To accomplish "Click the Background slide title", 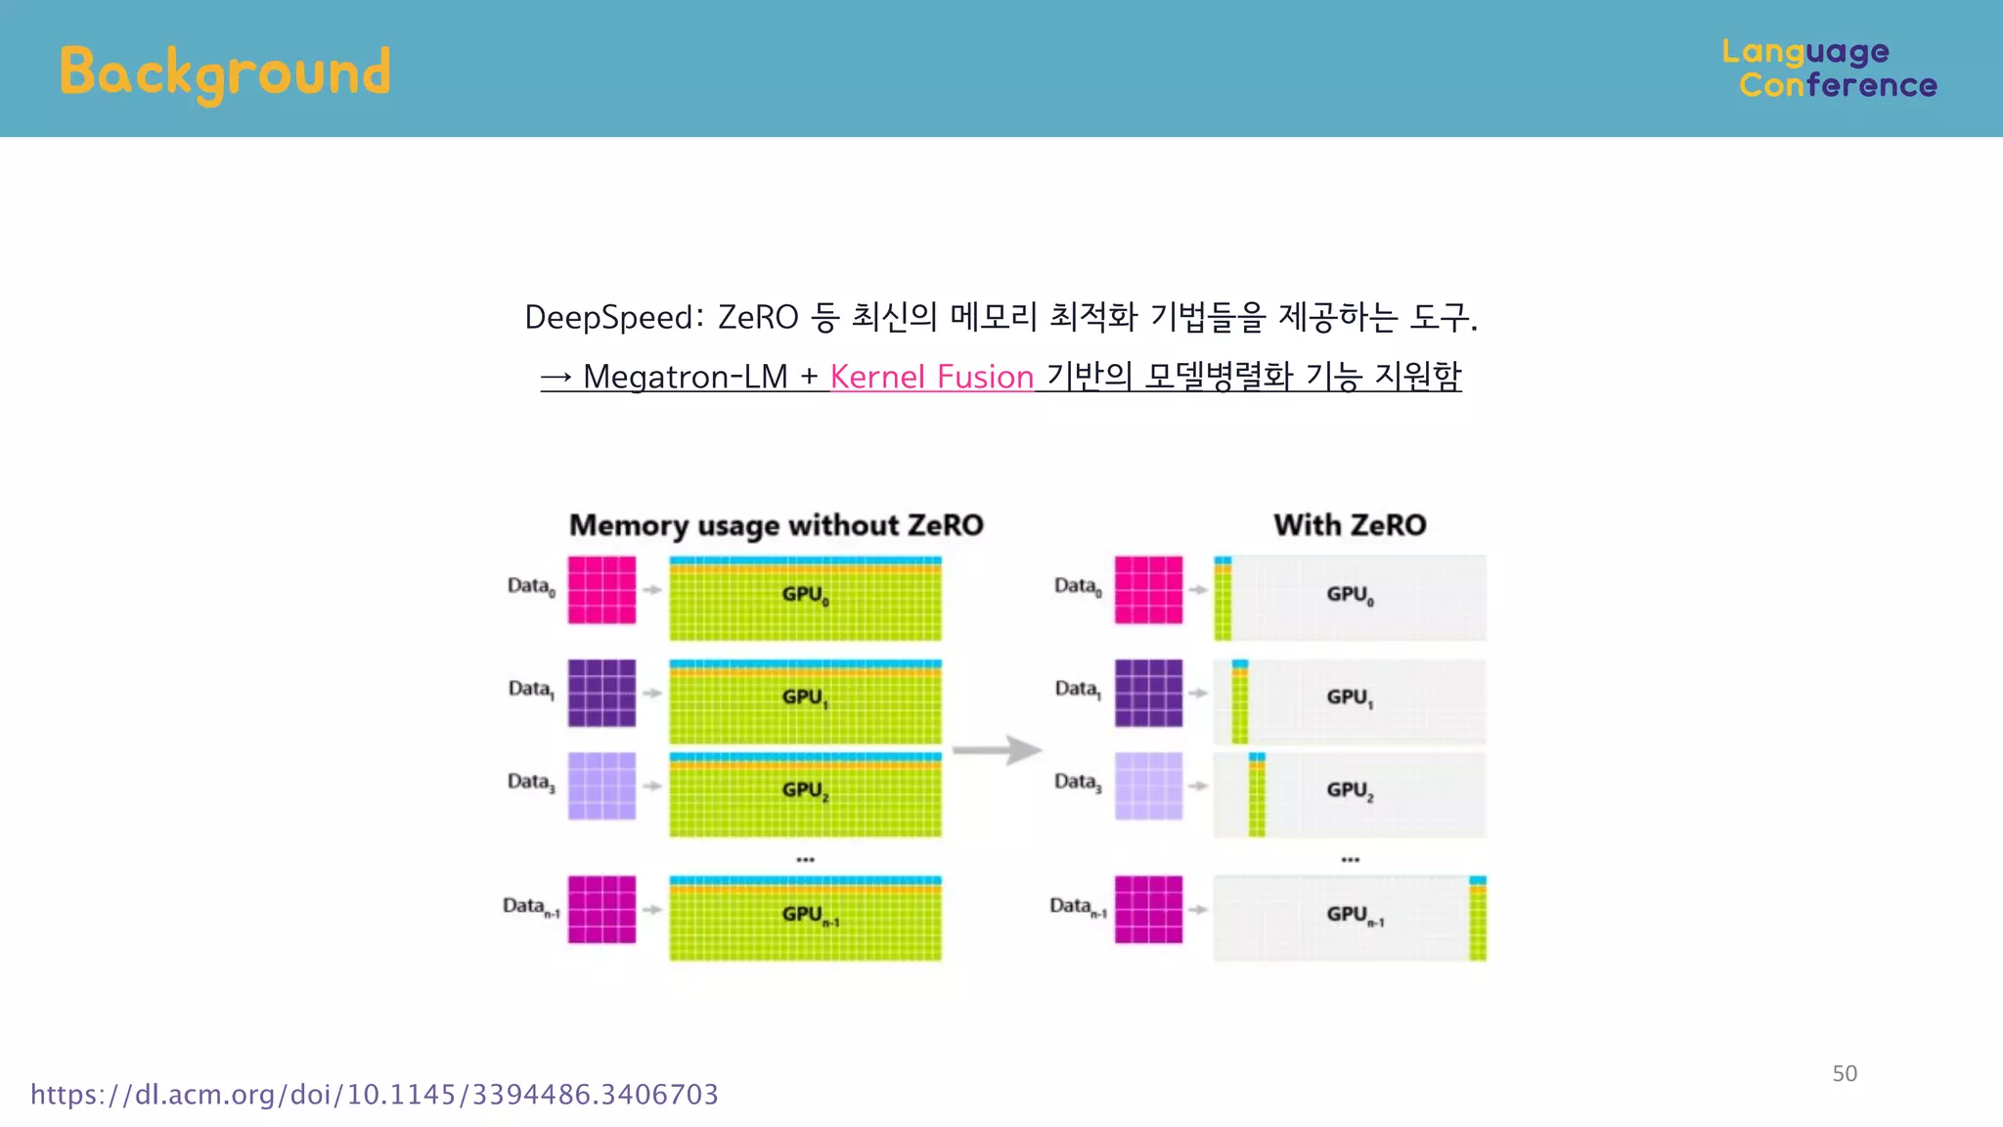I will coord(225,72).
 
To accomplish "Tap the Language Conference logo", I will coord(1829,68).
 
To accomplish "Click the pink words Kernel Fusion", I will coord(931,377).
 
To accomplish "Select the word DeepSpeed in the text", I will coord(609,318).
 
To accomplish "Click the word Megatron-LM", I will coord(685,377).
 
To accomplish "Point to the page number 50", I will coord(1845,1073).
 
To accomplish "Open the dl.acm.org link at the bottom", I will coord(374,1094).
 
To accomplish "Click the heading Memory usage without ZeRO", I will coord(776,525).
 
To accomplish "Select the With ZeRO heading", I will coord(1350,525).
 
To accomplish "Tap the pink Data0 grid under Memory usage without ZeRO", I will coord(601,590).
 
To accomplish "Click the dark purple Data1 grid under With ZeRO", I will coord(1148,693).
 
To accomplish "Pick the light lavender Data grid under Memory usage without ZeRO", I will coord(601,786).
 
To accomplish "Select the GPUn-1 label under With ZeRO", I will coord(1355,915).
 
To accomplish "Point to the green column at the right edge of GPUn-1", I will coord(1477,920).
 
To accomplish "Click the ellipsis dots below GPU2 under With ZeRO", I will coord(1350,859).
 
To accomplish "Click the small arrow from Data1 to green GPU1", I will coord(652,693).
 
